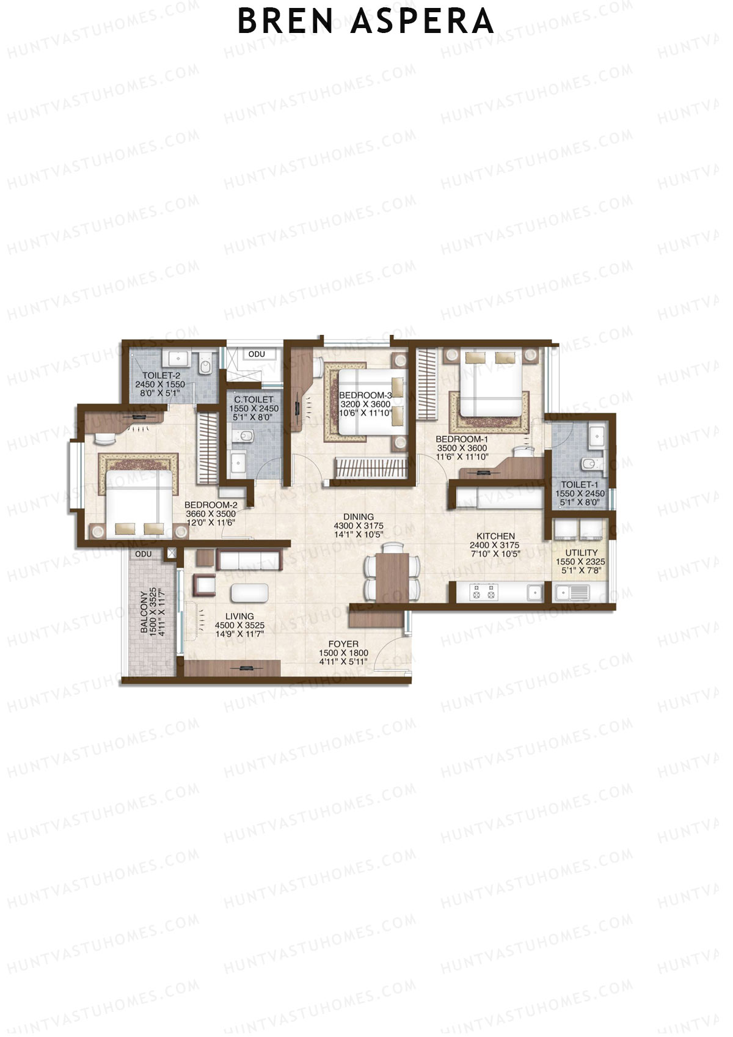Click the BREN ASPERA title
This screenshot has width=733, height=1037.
365,22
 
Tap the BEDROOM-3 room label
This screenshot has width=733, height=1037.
365,395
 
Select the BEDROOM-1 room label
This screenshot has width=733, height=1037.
462,439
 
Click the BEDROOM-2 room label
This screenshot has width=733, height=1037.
211,505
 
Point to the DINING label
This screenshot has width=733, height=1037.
359,517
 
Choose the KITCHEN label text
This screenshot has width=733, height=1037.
495,536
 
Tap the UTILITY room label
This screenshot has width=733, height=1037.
581,552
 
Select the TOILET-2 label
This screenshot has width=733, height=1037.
161,376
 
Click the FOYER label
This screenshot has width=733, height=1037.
343,644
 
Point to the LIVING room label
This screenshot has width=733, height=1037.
239,617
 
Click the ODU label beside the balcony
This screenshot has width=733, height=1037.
144,554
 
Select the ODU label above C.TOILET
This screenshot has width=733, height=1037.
257,354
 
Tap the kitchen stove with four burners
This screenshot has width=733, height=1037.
483,592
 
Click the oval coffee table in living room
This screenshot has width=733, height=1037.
249,593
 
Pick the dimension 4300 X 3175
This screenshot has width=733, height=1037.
359,526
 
